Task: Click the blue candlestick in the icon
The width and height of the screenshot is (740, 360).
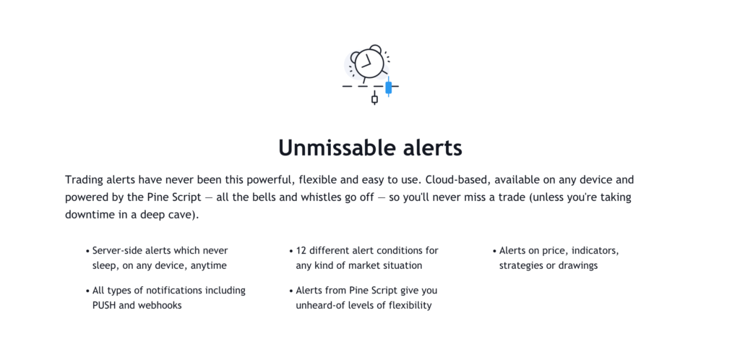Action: tap(388, 87)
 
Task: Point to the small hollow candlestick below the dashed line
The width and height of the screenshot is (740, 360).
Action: tap(375, 98)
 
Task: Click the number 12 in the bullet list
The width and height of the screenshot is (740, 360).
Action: tap(301, 251)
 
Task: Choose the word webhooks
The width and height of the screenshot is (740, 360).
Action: tap(160, 305)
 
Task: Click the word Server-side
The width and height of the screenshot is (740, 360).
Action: tap(116, 251)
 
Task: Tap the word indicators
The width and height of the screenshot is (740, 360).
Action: tap(595, 251)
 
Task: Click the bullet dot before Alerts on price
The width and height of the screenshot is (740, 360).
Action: tap(494, 251)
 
